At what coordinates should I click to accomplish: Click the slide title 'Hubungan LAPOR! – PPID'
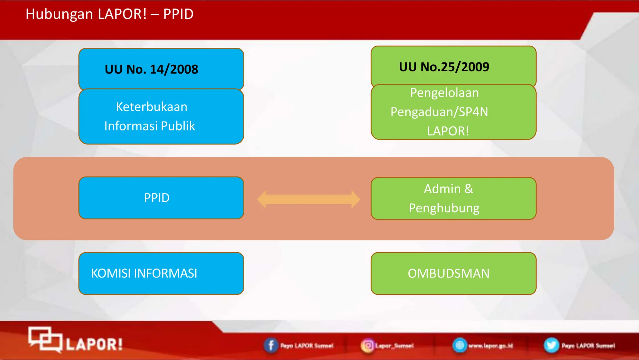coord(109,14)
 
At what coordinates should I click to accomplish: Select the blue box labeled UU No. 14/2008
coord(161,69)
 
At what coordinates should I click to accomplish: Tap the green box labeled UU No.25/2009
coord(453,67)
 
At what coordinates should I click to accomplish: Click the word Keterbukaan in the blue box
coord(152,107)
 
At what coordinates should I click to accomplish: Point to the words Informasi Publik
coord(149,126)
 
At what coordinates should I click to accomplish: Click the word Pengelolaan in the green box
coord(444,93)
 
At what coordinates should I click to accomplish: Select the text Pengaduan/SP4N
coord(439,112)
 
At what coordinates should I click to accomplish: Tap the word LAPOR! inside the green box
coord(448,131)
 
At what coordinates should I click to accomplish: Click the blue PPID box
coord(161,198)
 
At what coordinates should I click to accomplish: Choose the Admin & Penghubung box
coord(453,199)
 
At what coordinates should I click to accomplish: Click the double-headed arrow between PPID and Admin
coord(308,199)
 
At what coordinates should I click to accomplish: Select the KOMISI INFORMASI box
coord(161,274)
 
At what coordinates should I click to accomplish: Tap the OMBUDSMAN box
coord(453,274)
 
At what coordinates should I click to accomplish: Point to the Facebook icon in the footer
coord(271,346)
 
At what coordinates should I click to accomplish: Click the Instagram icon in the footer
coord(368,346)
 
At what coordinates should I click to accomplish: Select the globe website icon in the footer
coord(460,345)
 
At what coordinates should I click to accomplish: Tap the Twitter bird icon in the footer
coord(551,345)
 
